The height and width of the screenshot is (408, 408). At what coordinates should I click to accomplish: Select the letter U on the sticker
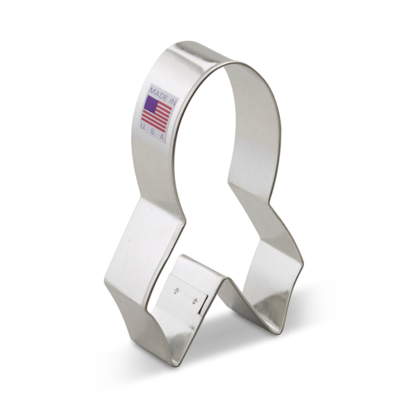[143, 126]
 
